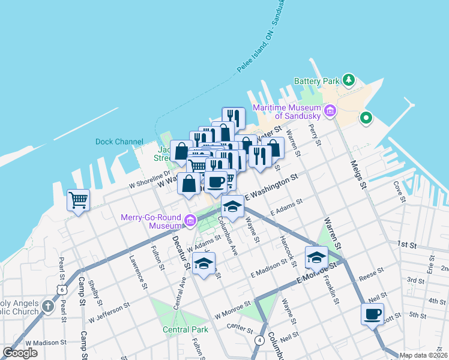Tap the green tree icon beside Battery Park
click(348, 80)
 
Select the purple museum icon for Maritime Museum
click(330, 110)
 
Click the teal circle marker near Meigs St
click(366, 118)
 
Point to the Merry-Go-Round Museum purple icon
click(190, 221)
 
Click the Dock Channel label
click(119, 142)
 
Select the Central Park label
click(185, 329)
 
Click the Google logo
click(20, 353)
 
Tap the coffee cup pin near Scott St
click(372, 313)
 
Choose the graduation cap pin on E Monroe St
click(316, 257)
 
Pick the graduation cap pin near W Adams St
click(204, 263)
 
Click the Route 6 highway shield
click(62, 289)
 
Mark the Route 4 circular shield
click(259, 340)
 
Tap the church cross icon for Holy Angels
click(49, 308)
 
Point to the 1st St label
click(406, 245)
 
